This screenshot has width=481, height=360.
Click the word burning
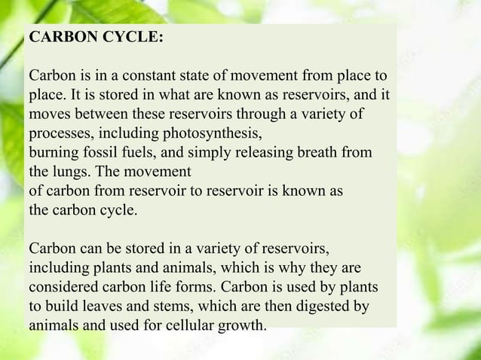click(x=54, y=153)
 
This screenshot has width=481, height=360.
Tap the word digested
click(x=323, y=307)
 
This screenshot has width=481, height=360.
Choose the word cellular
click(x=184, y=326)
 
